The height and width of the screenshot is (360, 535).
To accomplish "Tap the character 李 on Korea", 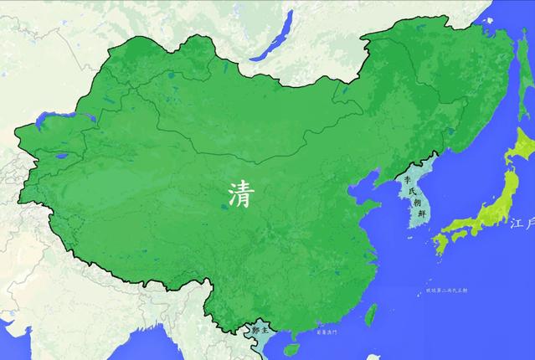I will [x=409, y=179].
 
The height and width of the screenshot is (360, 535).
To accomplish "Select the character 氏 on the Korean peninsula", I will [x=411, y=192].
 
